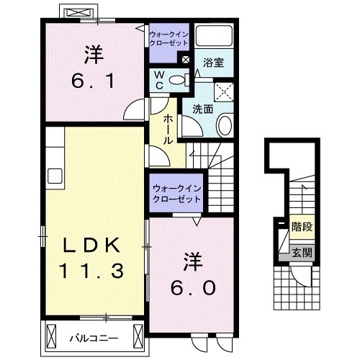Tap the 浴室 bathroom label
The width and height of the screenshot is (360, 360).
214,63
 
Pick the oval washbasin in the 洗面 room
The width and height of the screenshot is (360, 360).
224,127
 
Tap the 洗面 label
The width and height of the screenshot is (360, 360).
202,110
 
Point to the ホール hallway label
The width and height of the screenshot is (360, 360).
168,130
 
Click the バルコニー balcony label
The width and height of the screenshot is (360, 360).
94,337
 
